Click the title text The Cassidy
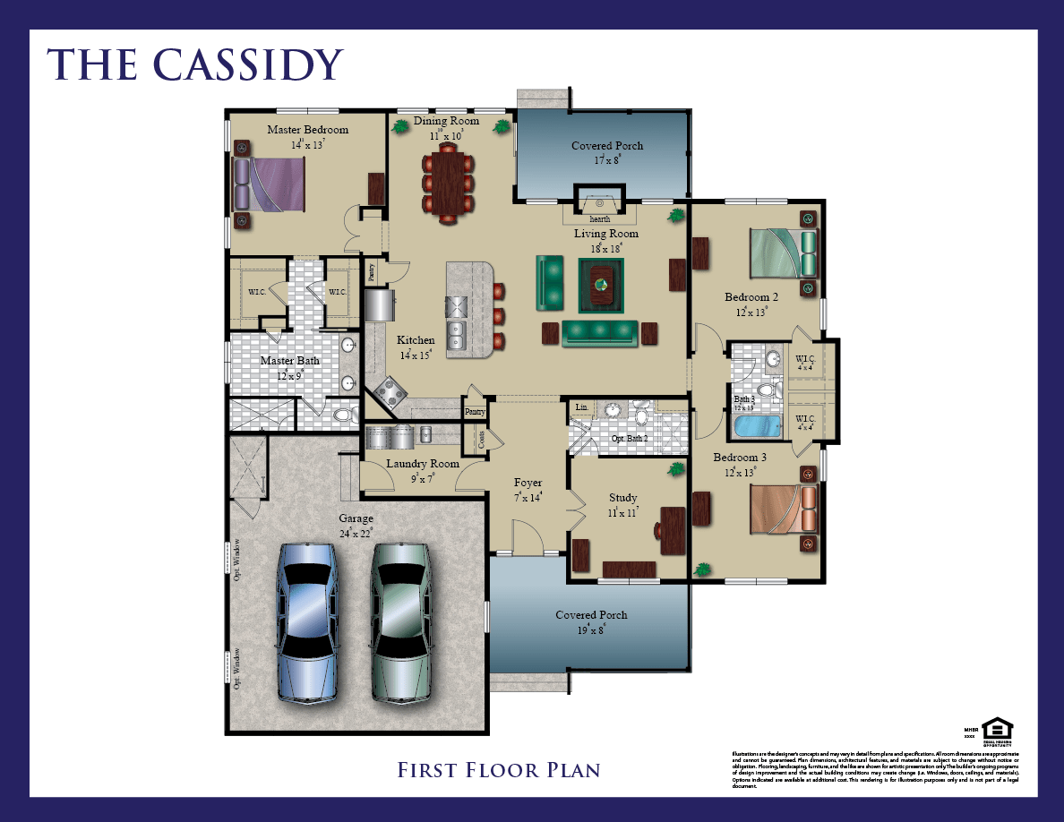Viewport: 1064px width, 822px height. coord(195,64)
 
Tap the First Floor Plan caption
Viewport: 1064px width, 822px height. coord(498,769)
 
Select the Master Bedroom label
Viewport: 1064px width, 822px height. coord(307,130)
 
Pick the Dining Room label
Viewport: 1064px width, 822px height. coord(446,121)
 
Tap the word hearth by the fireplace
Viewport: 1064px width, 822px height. coord(599,218)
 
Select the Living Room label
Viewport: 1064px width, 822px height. coord(606,234)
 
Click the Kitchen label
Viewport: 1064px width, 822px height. coord(416,340)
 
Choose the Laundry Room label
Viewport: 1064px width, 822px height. coord(423,464)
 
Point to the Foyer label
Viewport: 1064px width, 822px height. coord(528,483)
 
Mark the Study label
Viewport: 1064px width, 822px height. coord(622,498)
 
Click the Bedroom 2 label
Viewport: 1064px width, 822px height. coord(751,297)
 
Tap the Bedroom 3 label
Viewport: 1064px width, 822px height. coord(740,458)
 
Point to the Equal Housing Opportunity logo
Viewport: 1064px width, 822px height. coord(992,729)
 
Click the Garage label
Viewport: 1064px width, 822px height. coord(356,518)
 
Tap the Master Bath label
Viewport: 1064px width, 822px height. coord(289,361)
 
